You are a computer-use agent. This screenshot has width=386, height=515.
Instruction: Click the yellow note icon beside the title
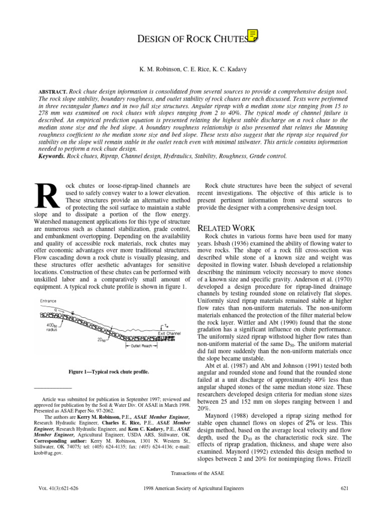(253, 35)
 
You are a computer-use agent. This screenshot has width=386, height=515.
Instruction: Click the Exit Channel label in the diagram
(169, 333)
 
